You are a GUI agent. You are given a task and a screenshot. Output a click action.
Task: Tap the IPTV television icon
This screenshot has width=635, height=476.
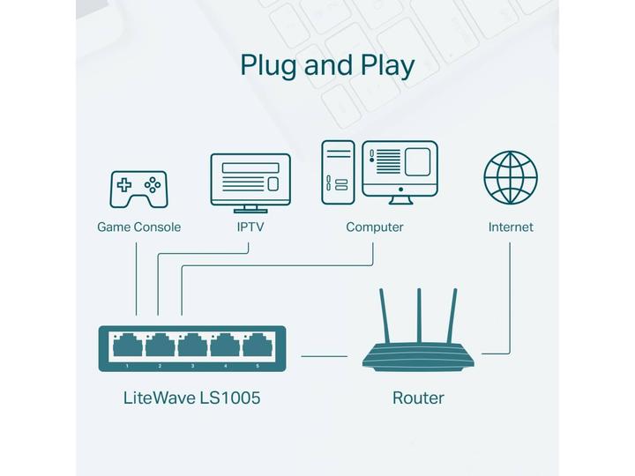click(250, 182)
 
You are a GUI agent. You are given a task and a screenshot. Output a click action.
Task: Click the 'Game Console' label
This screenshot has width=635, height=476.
click(138, 227)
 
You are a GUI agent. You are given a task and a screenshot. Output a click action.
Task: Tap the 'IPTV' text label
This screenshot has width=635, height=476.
click(250, 227)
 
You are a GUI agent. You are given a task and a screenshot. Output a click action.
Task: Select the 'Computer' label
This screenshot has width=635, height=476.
click(374, 227)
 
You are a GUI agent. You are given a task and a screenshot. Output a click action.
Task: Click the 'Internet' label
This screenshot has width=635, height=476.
click(511, 227)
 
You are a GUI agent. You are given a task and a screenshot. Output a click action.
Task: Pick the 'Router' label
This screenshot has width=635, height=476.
click(418, 398)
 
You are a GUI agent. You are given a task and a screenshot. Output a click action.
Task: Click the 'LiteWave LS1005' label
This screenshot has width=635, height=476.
click(191, 398)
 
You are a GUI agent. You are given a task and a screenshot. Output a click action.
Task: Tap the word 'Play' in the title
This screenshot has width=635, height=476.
click(385, 66)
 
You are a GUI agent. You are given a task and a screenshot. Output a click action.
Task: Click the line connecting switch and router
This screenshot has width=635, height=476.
click(325, 357)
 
